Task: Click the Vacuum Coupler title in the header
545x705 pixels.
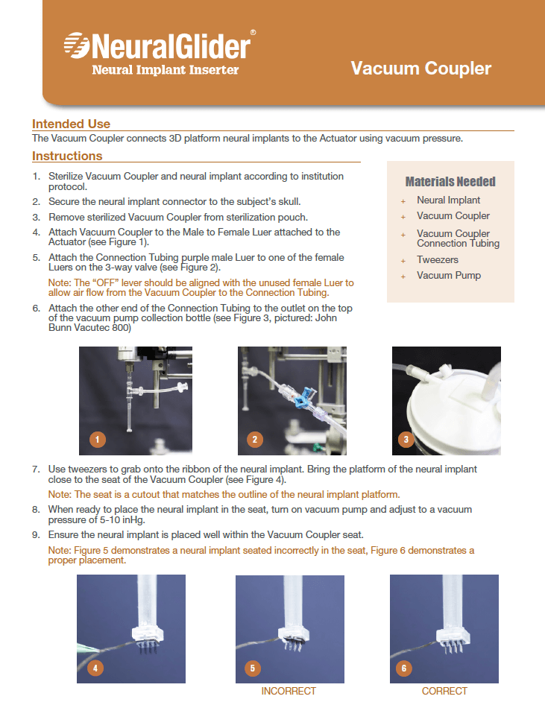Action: [421, 69]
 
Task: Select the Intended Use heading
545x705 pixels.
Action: [71, 124]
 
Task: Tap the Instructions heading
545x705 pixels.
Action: [67, 157]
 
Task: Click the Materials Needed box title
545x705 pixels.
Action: [450, 182]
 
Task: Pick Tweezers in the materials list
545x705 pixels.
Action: [438, 260]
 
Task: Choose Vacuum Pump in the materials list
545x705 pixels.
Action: [449, 276]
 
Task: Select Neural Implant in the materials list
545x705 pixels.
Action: [449, 200]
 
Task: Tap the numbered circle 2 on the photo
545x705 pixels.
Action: [255, 440]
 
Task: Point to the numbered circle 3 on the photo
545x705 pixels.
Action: [406, 440]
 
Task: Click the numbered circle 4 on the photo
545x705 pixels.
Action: [95, 668]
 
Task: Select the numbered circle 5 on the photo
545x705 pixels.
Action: [253, 668]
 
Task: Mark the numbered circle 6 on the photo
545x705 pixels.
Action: [404, 668]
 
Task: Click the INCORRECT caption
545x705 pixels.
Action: [289, 692]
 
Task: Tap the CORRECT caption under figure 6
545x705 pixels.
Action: [444, 692]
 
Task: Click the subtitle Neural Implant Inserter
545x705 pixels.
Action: [165, 70]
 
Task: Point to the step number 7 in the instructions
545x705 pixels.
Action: [35, 470]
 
